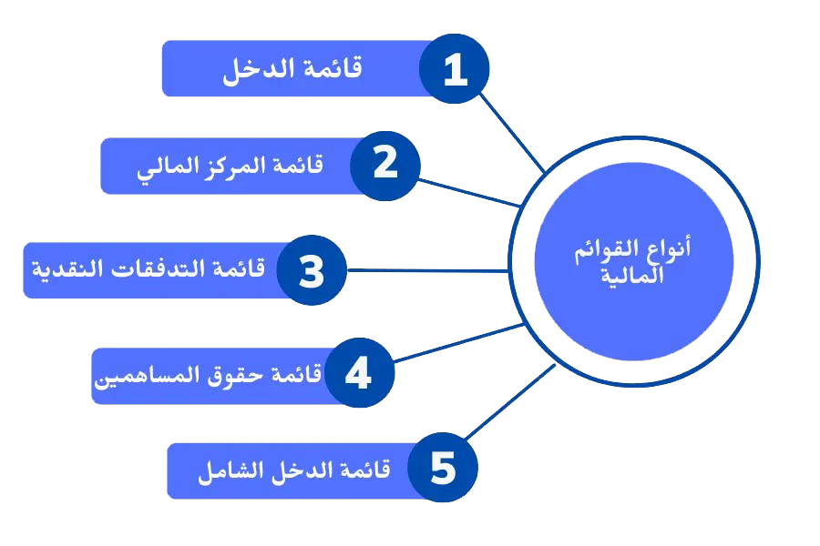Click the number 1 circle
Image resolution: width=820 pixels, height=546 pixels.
[454, 68]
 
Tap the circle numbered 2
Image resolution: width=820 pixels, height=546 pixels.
[385, 165]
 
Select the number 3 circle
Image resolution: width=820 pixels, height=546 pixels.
[312, 270]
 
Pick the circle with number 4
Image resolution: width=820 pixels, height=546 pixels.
[359, 373]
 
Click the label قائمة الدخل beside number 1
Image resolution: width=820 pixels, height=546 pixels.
[292, 69]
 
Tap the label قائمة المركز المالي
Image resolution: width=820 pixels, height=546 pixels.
[231, 167]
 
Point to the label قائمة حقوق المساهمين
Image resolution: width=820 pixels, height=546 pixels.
[208, 375]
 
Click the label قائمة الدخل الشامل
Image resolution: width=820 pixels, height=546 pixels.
[293, 471]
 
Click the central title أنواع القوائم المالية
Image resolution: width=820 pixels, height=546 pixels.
[633, 262]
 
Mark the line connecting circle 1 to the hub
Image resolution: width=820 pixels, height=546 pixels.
[512, 131]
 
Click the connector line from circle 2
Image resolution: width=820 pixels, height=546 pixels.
[471, 191]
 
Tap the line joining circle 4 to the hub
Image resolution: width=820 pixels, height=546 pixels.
[459, 343]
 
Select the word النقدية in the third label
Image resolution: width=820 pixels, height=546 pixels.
[65, 270]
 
